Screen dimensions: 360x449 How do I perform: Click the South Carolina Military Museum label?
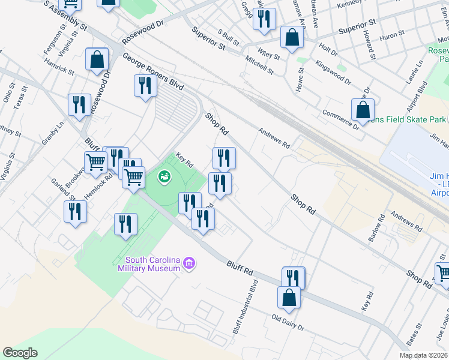(x=152, y=264)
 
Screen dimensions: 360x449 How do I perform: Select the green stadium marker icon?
(x=163, y=176)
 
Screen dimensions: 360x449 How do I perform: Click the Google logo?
(x=20, y=353)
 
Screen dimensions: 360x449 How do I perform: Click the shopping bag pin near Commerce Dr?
(x=363, y=110)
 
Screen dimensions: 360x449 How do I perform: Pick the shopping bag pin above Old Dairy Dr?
(x=289, y=298)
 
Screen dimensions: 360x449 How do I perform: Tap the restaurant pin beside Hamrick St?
(x=79, y=106)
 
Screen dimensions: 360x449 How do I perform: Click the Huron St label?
(x=393, y=36)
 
